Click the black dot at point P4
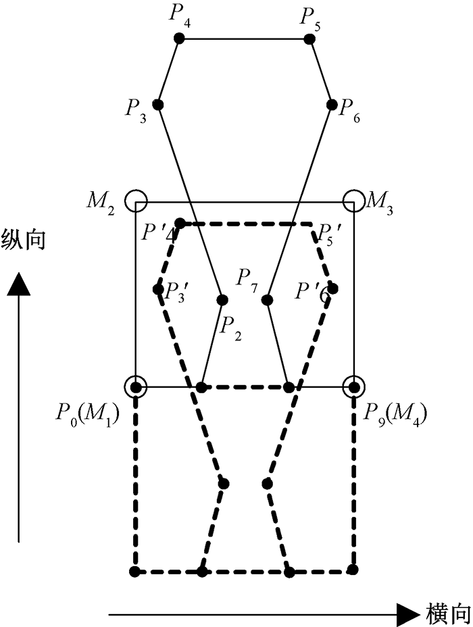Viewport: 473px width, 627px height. [x=179, y=39]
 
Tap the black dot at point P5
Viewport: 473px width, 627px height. [x=309, y=39]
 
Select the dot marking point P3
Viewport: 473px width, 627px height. [x=158, y=105]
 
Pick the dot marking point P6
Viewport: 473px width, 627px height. [x=332, y=105]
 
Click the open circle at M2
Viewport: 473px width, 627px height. [x=137, y=201]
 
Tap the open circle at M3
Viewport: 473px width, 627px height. [x=353, y=201]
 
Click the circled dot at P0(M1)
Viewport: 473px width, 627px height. [x=136, y=387]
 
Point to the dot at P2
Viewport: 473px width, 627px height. [x=222, y=299]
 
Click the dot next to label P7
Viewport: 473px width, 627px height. [x=268, y=299]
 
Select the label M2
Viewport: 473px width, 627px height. [x=101, y=201]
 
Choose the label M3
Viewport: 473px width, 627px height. [x=382, y=200]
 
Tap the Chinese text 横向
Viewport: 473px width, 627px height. [x=447, y=614]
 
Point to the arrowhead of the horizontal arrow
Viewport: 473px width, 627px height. [x=407, y=614]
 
